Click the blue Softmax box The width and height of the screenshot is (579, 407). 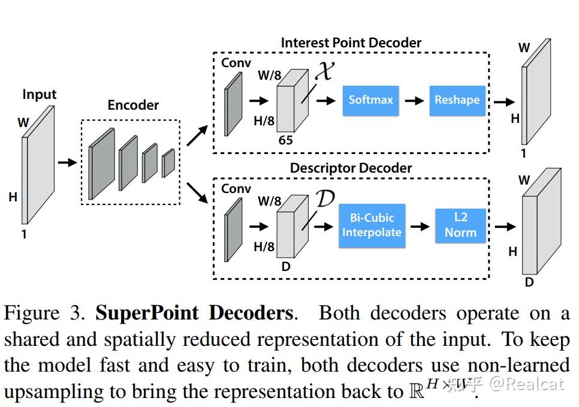[370, 100]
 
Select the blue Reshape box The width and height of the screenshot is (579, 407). [457, 100]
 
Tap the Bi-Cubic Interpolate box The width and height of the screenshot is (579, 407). [372, 225]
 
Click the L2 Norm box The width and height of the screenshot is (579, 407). [460, 225]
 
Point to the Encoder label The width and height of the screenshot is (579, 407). [133, 105]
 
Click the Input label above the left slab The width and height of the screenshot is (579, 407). [39, 94]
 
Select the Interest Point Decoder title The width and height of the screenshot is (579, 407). [351, 43]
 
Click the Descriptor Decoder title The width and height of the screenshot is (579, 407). [351, 168]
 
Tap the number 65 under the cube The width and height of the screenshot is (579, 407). [286, 140]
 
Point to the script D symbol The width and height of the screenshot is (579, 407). [324, 198]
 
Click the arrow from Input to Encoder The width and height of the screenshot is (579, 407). [67, 162]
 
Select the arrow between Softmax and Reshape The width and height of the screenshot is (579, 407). [414, 100]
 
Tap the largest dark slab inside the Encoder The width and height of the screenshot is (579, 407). [101, 164]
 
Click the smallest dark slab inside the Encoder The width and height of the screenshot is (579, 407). [168, 163]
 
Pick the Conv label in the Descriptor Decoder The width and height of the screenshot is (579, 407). [236, 189]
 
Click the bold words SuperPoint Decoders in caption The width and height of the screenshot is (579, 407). [194, 313]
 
